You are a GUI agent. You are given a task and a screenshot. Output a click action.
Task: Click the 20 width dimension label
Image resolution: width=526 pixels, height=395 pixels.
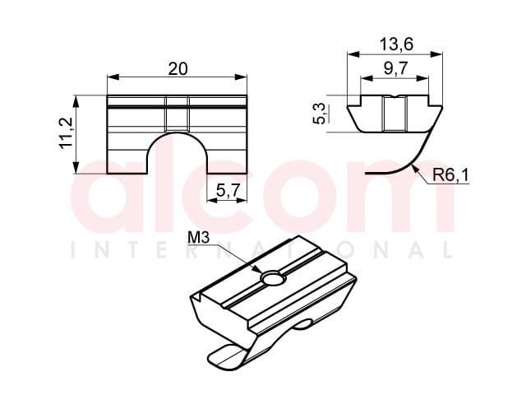point(178,69)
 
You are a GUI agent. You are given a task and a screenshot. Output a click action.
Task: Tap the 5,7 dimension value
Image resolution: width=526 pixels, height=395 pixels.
point(228,191)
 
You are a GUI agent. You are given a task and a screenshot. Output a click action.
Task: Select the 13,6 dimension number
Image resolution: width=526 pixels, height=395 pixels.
point(396,44)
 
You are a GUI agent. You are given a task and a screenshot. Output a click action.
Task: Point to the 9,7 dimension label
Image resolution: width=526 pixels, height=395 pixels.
point(396,68)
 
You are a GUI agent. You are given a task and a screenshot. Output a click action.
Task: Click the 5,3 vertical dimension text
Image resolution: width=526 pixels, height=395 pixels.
point(320,114)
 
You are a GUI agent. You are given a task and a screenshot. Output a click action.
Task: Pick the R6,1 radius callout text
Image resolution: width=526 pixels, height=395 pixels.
point(450,175)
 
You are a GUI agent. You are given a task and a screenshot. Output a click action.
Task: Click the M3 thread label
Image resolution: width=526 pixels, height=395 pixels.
point(198,238)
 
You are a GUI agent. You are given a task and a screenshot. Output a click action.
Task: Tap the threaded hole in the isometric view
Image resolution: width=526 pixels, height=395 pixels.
point(274,279)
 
